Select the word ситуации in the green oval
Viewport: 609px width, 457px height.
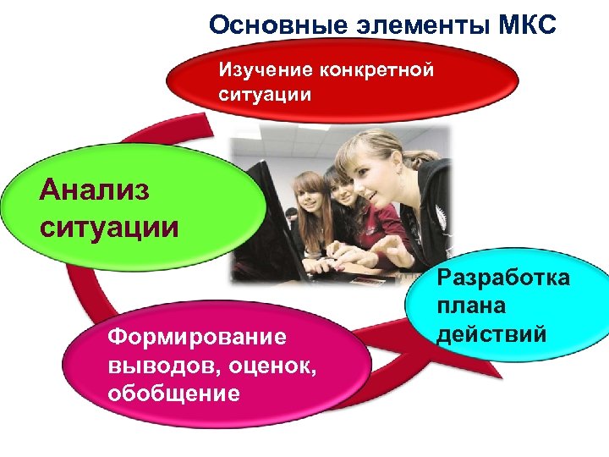(x=109, y=226)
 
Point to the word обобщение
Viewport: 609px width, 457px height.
(x=173, y=394)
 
